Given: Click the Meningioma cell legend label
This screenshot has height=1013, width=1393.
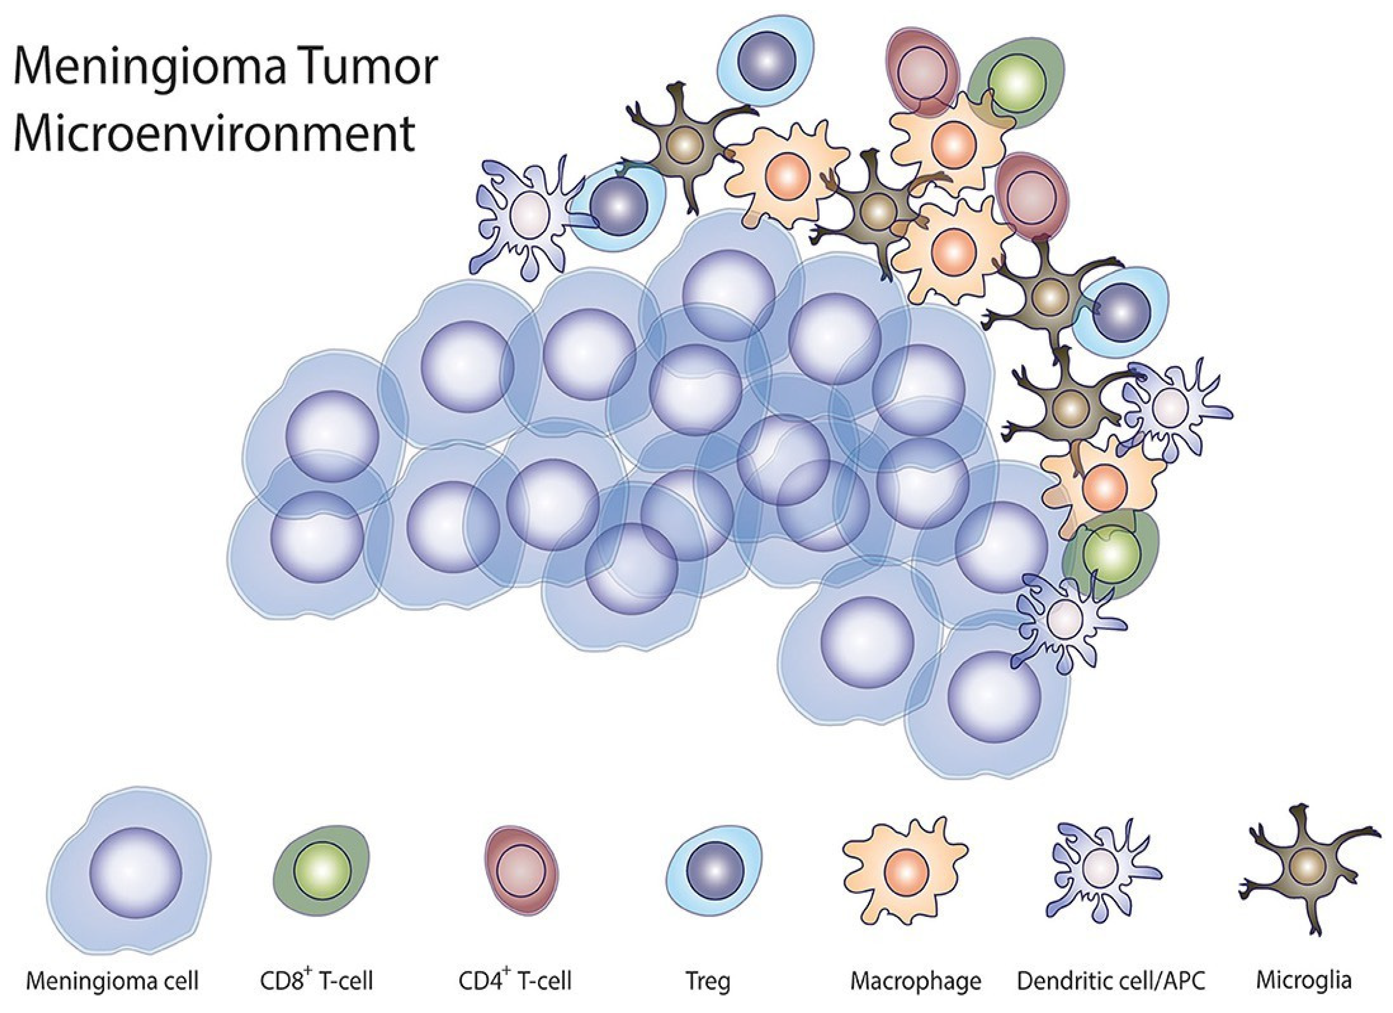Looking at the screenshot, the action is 113,981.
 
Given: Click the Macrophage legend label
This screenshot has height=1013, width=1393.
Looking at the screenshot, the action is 916,981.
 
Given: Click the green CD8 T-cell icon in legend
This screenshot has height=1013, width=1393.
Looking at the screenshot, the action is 322,869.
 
